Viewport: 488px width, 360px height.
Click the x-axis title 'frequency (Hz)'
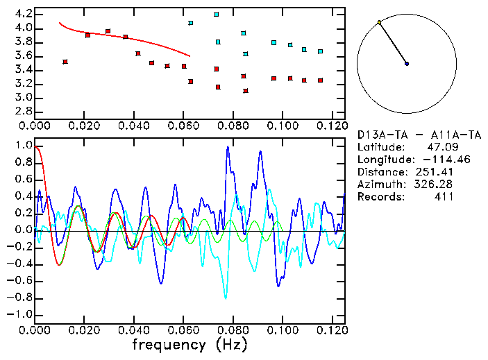click(x=190, y=344)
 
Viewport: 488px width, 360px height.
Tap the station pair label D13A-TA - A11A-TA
click(x=418, y=135)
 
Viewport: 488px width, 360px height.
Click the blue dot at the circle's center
click(x=407, y=64)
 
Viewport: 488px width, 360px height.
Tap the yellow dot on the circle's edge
click(x=379, y=23)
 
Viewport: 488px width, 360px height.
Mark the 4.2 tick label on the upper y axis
click(x=22, y=14)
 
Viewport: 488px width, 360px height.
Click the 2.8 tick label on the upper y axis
click(x=22, y=112)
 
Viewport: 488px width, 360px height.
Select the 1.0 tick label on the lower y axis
click(x=22, y=146)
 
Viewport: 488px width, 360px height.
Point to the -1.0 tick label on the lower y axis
click(x=19, y=314)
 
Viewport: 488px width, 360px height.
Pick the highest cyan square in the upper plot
click(x=217, y=14)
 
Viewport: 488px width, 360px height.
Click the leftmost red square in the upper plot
click(x=65, y=62)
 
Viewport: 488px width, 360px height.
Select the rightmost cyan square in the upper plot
click(x=320, y=51)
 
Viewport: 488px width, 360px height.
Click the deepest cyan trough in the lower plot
click(x=225, y=298)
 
